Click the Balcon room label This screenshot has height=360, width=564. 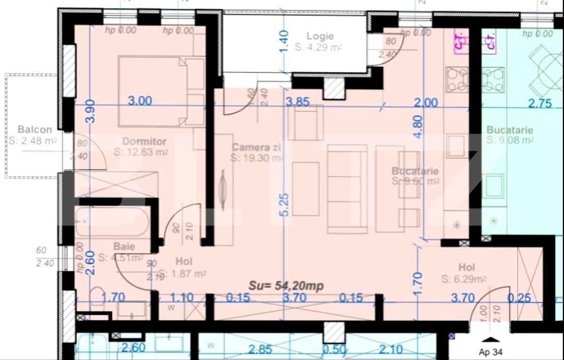(x=34, y=130)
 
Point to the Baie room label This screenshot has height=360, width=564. (x=124, y=247)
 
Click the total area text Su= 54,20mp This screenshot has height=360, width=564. (x=286, y=285)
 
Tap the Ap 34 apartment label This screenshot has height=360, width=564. (x=491, y=352)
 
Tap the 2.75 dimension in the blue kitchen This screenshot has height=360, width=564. (x=539, y=103)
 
